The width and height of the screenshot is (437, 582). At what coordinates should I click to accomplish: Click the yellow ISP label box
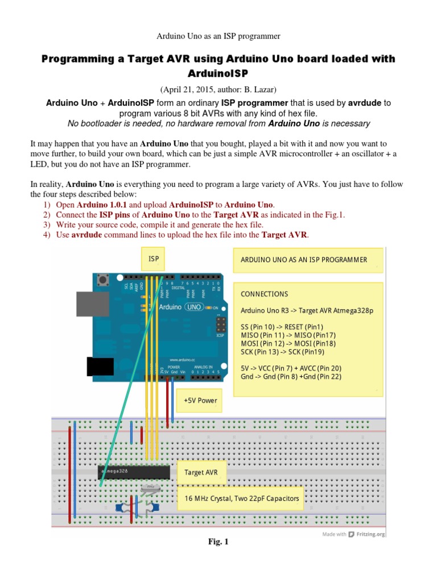pyautogui.click(x=154, y=259)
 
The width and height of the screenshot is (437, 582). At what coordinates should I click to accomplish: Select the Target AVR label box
pyautogui.click(x=197, y=472)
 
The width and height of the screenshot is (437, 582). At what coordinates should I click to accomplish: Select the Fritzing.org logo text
pyautogui.click(x=367, y=534)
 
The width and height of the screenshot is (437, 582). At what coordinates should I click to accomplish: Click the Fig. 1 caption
pyautogui.click(x=218, y=542)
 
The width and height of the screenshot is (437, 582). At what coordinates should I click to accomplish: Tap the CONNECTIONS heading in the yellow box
pyautogui.click(x=265, y=294)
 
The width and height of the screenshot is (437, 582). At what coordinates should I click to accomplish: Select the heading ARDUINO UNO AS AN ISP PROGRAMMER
pyautogui.click(x=304, y=260)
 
